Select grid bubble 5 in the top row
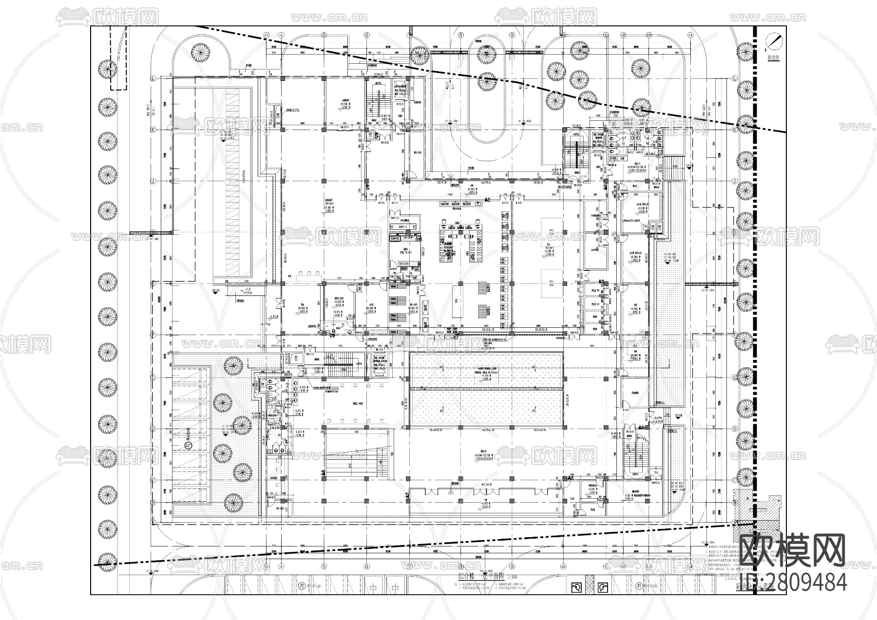324,35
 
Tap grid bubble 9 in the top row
512,35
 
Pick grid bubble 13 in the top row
649,35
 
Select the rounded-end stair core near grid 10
576,153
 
